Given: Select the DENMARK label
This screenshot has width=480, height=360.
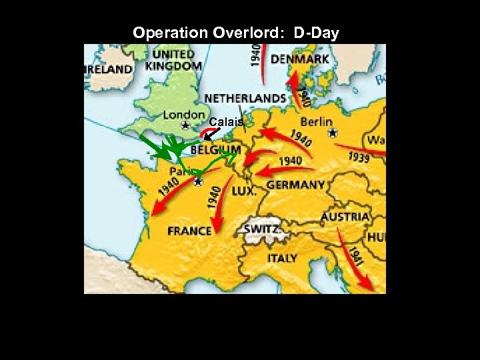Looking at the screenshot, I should coord(299,59).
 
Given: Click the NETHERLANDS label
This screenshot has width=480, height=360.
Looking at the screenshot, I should coord(245,97).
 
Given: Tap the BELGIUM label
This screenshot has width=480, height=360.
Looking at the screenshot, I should coord(215,151).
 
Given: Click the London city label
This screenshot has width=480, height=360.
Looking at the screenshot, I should coord(184,115).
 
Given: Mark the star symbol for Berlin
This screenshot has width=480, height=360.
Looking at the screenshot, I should coord(333,132).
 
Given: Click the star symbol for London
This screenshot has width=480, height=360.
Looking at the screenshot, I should coord(185,125).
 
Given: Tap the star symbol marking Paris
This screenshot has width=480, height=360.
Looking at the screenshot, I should coord(198,181).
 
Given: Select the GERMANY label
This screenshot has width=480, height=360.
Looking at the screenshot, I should coord(295,185).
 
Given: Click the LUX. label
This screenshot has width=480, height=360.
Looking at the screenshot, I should coord(243,191).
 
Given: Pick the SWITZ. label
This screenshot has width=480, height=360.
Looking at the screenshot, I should coord(261,229).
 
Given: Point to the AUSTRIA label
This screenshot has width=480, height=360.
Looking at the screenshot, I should coord(345,217).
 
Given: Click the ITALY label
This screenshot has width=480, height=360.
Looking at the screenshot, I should coord(282,257).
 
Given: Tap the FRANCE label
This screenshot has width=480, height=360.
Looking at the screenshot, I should coord(189,231).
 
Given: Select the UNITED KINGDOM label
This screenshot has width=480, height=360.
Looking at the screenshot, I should coord(173,59).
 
